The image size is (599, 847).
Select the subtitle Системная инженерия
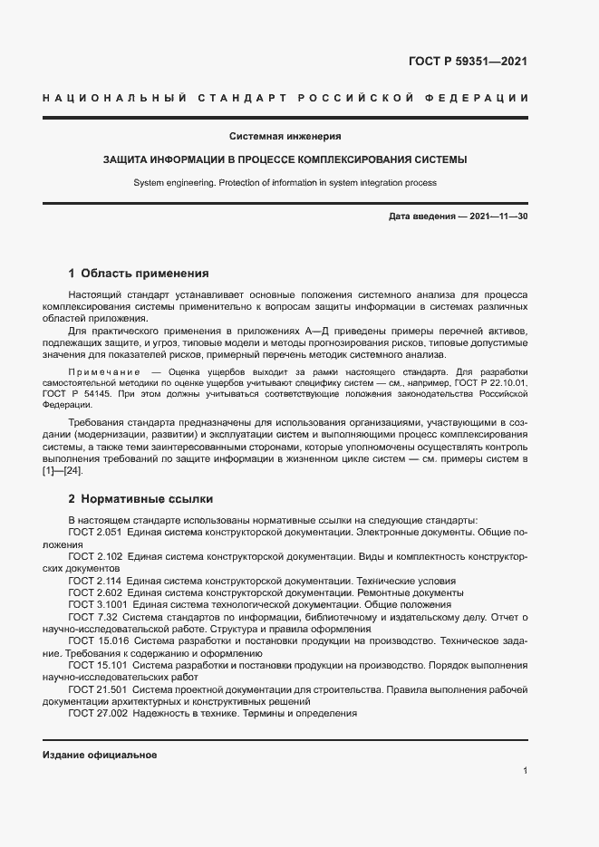[x=285, y=137]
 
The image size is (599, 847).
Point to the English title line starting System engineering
[x=285, y=182]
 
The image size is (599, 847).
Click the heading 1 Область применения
[x=139, y=273]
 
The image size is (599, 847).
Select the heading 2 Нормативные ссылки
[x=140, y=499]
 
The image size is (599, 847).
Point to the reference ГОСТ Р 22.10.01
[x=490, y=383]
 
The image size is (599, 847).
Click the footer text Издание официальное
[x=100, y=755]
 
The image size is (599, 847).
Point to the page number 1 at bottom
[x=525, y=771]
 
